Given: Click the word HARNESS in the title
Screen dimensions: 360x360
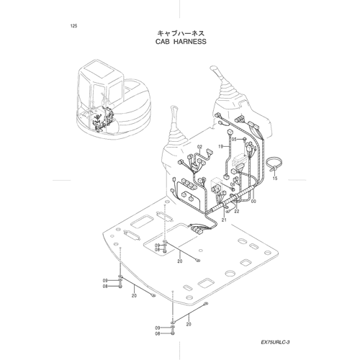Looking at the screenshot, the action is (190, 42).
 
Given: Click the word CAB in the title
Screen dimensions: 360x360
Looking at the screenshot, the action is (163, 42).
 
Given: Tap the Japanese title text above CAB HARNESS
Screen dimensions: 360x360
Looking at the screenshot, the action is (181, 33).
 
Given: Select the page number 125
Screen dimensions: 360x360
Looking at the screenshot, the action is (74, 26).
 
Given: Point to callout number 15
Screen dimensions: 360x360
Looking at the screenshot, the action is (275, 179).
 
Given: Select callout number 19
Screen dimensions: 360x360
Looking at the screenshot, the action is (221, 146).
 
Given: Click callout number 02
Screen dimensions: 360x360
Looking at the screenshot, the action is (200, 146).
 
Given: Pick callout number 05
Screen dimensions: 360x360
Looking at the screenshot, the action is (234, 139).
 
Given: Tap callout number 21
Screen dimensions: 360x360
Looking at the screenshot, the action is (224, 220).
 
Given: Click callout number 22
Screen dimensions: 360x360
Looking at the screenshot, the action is (237, 211).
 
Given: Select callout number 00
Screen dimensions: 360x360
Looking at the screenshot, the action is (253, 202).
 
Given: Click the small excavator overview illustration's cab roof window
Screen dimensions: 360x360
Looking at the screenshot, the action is (97, 71).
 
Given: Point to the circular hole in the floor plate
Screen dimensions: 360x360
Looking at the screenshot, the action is (230, 274).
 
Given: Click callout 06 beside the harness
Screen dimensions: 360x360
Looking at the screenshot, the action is (233, 184).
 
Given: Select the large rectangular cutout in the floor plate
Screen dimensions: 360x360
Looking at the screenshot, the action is (170, 236).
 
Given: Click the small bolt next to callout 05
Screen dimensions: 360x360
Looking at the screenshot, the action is (244, 139).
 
